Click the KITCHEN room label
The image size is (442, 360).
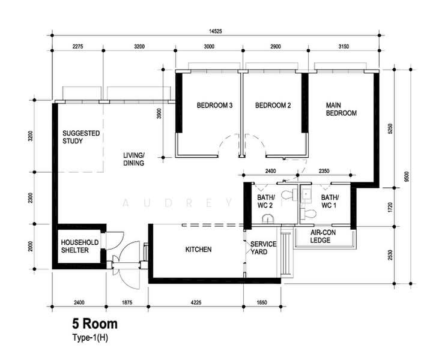tap(198, 249)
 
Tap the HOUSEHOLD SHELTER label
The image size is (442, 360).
tap(80, 246)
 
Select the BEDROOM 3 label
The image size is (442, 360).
tap(214, 106)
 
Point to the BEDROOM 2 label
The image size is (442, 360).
tap(273, 106)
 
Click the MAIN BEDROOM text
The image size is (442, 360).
tap(341, 109)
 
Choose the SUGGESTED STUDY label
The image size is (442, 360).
tap(81, 137)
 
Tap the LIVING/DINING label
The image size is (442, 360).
tap(134, 159)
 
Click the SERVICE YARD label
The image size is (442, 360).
tap(263, 248)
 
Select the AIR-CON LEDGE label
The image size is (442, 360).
tap(323, 236)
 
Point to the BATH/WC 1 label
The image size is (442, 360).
tap(330, 201)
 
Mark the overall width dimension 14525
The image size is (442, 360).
tap(216, 31)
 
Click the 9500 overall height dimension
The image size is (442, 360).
tap(406, 176)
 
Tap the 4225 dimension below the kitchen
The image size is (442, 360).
tap(196, 302)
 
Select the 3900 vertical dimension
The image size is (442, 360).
tap(159, 113)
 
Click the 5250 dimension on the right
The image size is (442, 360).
tap(390, 128)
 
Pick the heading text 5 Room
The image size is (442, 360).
tap(95, 324)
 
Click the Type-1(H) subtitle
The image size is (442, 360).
tap(90, 337)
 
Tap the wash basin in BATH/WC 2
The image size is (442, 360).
tap(268, 219)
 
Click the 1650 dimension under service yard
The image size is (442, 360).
tap(262, 302)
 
